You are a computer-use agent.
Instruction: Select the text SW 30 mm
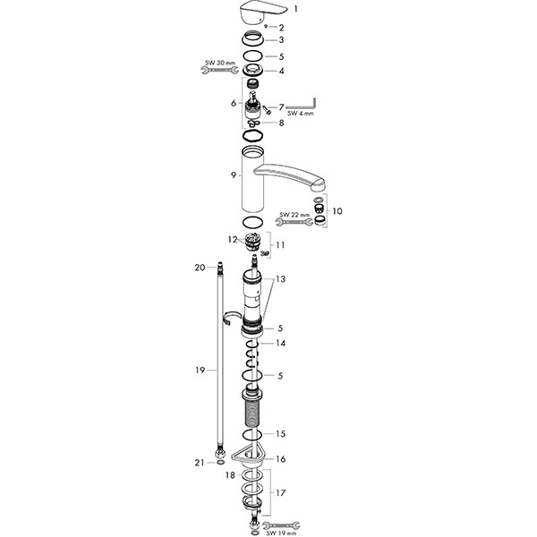pyautogui.click(x=218, y=62)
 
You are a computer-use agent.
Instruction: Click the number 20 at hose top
pyautogui.click(x=200, y=267)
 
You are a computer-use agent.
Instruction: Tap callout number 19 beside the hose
pyautogui.click(x=200, y=370)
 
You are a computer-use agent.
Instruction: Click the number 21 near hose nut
pyautogui.click(x=200, y=462)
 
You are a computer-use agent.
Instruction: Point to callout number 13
pyautogui.click(x=281, y=279)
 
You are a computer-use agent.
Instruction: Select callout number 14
pyautogui.click(x=280, y=343)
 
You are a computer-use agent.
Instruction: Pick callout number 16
pyautogui.click(x=280, y=458)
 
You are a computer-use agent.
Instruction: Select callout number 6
pyautogui.click(x=233, y=103)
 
